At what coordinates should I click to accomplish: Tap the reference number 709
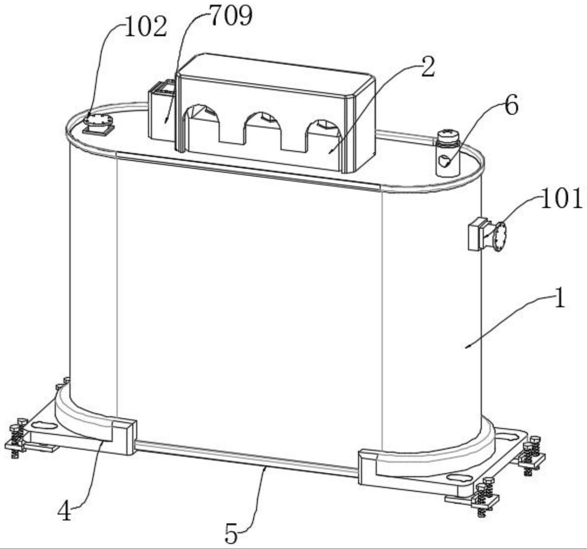point(231,16)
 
